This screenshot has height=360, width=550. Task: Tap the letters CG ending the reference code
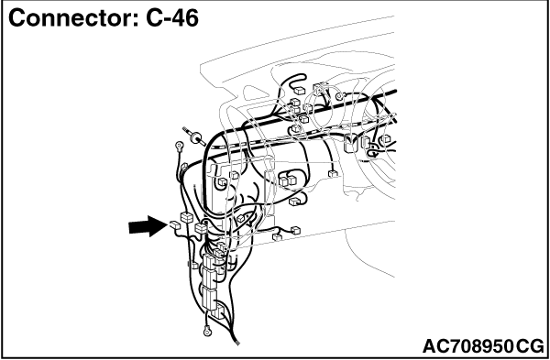pos(529,346)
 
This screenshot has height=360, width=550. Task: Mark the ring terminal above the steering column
pos(339,96)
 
